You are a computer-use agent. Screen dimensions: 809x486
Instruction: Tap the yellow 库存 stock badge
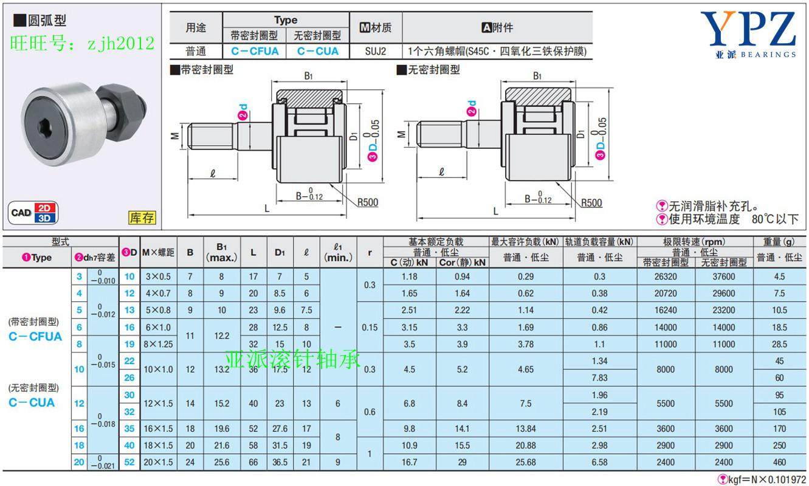tap(142, 217)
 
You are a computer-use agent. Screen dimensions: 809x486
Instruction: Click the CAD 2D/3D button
tap(33, 213)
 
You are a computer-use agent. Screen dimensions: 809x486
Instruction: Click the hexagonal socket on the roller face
tap(46, 128)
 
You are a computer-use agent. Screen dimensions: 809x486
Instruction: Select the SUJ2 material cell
tap(375, 51)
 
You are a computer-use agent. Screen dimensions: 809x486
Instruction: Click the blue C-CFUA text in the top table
tap(255, 51)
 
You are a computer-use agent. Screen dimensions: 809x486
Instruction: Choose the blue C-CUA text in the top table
tap(318, 51)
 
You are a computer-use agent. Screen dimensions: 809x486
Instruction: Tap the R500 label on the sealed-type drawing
tap(368, 202)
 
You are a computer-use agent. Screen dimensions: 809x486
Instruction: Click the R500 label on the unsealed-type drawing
tap(591, 203)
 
